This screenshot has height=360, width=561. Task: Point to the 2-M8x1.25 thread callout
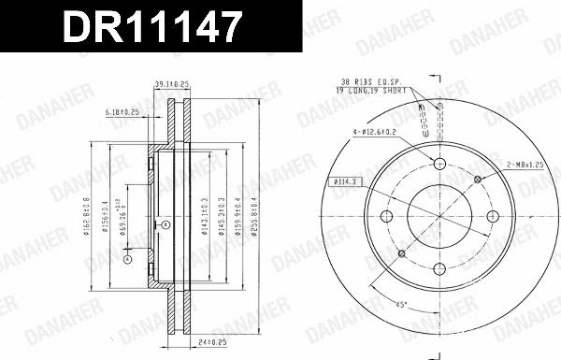525,165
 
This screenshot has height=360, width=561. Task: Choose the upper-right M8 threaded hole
478,179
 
